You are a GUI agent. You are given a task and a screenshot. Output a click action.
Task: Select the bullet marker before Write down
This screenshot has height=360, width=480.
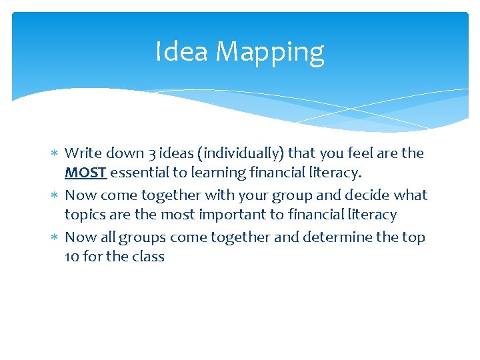[x=54, y=154]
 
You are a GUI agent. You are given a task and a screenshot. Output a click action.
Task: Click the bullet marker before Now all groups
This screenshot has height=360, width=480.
[x=54, y=238]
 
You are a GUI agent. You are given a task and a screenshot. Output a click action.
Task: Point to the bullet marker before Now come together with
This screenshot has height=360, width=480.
[x=54, y=196]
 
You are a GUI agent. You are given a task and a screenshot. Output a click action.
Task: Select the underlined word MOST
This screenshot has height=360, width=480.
[x=85, y=173]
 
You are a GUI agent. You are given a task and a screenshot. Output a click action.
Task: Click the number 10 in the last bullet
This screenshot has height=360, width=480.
[x=72, y=257]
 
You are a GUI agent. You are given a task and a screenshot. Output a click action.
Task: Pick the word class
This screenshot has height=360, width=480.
[x=147, y=257]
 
